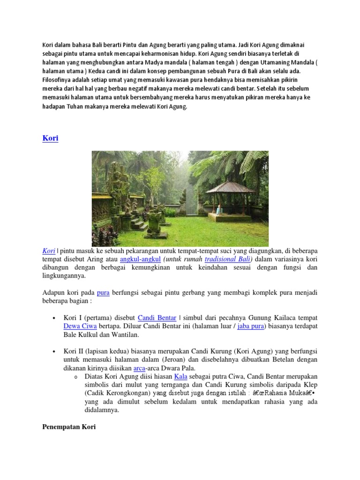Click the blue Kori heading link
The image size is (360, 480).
(50, 139)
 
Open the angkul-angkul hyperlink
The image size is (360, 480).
(140, 259)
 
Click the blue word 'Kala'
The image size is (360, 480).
(180, 376)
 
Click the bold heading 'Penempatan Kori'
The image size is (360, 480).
(69, 427)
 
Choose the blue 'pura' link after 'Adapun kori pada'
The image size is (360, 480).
(103, 293)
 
